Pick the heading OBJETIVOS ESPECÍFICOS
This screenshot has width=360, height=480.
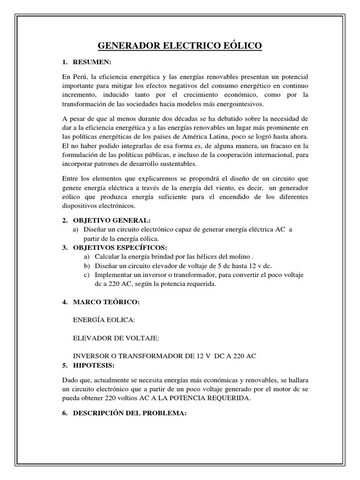point(120,247)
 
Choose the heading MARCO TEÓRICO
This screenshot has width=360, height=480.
point(106,302)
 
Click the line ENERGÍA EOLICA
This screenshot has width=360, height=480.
point(104,320)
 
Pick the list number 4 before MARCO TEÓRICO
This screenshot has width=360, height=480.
point(65,302)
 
